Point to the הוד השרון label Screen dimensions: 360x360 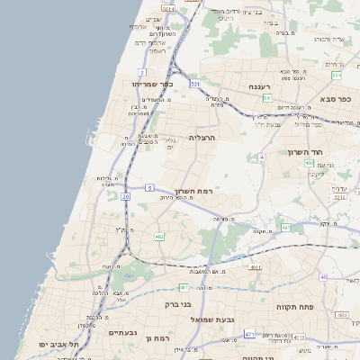[305, 152]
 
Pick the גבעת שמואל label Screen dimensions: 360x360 [212, 319]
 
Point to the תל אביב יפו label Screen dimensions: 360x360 [59, 345]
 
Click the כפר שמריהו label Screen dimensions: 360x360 [138, 84]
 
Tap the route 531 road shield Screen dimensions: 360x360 [195, 84]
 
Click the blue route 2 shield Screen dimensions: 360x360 [142, 70]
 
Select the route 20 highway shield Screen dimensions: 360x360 [126, 195]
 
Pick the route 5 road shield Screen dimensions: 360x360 [150, 188]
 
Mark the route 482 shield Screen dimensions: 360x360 [159, 237]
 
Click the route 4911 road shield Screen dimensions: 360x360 [256, 267]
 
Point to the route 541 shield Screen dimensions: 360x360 [267, 98]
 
